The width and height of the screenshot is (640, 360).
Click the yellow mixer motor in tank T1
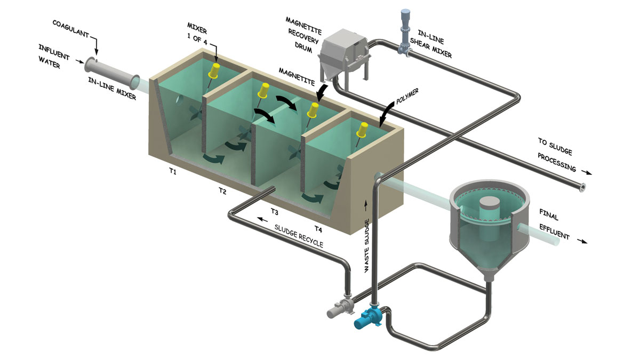(x=216, y=69)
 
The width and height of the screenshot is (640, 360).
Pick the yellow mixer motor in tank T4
(x=363, y=129)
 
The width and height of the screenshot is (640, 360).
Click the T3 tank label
(x=274, y=212)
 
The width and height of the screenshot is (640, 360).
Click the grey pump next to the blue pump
(x=339, y=308)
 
